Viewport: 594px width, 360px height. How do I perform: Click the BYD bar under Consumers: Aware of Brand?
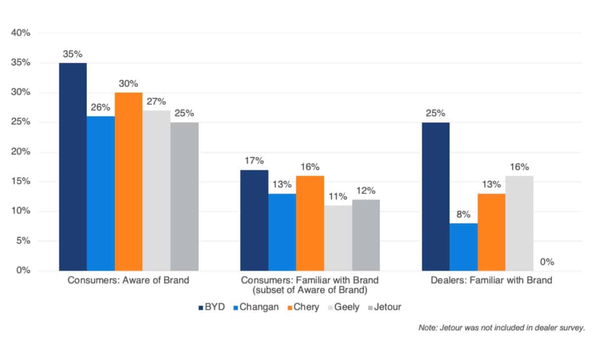(73, 167)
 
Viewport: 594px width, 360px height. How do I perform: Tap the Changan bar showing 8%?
(464, 247)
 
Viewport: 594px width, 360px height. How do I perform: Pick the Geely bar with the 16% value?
(519, 223)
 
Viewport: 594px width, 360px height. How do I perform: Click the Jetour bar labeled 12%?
(366, 235)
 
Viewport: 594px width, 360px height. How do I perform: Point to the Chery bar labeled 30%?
(129, 182)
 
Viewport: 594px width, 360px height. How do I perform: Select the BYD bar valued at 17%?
(254, 220)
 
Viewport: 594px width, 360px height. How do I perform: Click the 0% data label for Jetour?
(547, 261)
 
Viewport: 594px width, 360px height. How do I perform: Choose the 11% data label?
(338, 197)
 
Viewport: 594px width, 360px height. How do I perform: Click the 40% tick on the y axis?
(21, 33)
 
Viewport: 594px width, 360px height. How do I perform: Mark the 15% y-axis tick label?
(21, 182)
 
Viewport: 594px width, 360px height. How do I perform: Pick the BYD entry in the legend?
(211, 307)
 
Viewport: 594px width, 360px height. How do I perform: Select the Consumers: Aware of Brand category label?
(128, 280)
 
